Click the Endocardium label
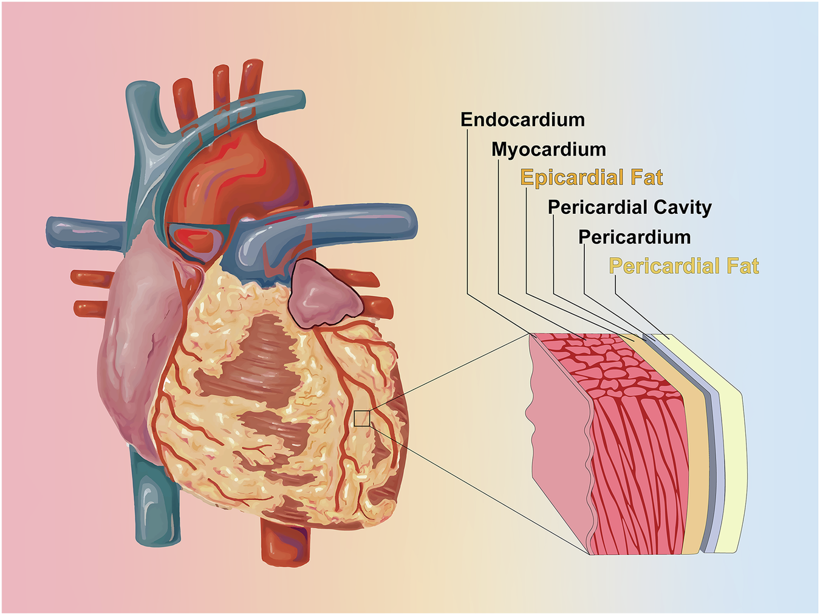(522, 120)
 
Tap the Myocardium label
(548, 149)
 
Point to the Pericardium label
(634, 237)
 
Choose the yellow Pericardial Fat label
(684, 266)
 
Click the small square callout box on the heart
(361, 418)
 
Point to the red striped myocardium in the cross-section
(638, 450)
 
